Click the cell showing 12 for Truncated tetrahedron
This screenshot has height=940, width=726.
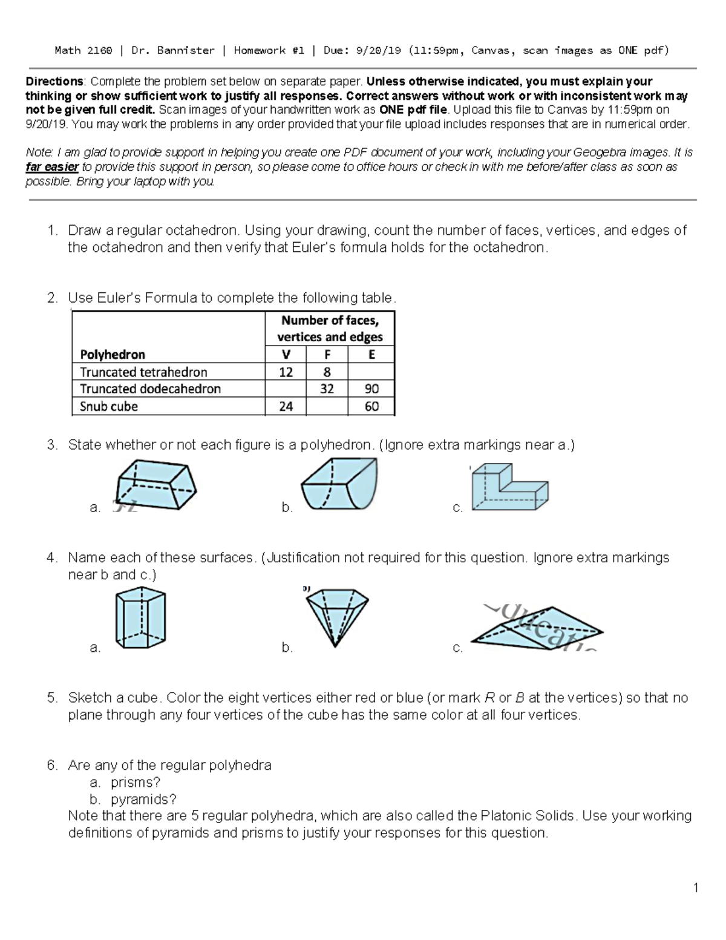pyautogui.click(x=286, y=372)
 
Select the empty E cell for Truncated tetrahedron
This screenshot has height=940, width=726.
pyautogui.click(x=371, y=372)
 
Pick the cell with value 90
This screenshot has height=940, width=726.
pyautogui.click(x=371, y=389)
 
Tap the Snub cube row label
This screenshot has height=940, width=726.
pyautogui.click(x=109, y=406)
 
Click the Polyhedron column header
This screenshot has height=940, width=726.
pyautogui.click(x=113, y=355)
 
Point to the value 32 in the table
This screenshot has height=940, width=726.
pyautogui.click(x=327, y=389)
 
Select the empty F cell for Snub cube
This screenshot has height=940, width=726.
pyautogui.click(x=327, y=406)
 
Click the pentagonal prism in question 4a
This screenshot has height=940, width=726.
pyautogui.click(x=140, y=619)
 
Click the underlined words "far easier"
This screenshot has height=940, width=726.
pyautogui.click(x=52, y=167)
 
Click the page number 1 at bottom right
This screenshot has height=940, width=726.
pyautogui.click(x=696, y=888)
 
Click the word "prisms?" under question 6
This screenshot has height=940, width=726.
pyautogui.click(x=135, y=782)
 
